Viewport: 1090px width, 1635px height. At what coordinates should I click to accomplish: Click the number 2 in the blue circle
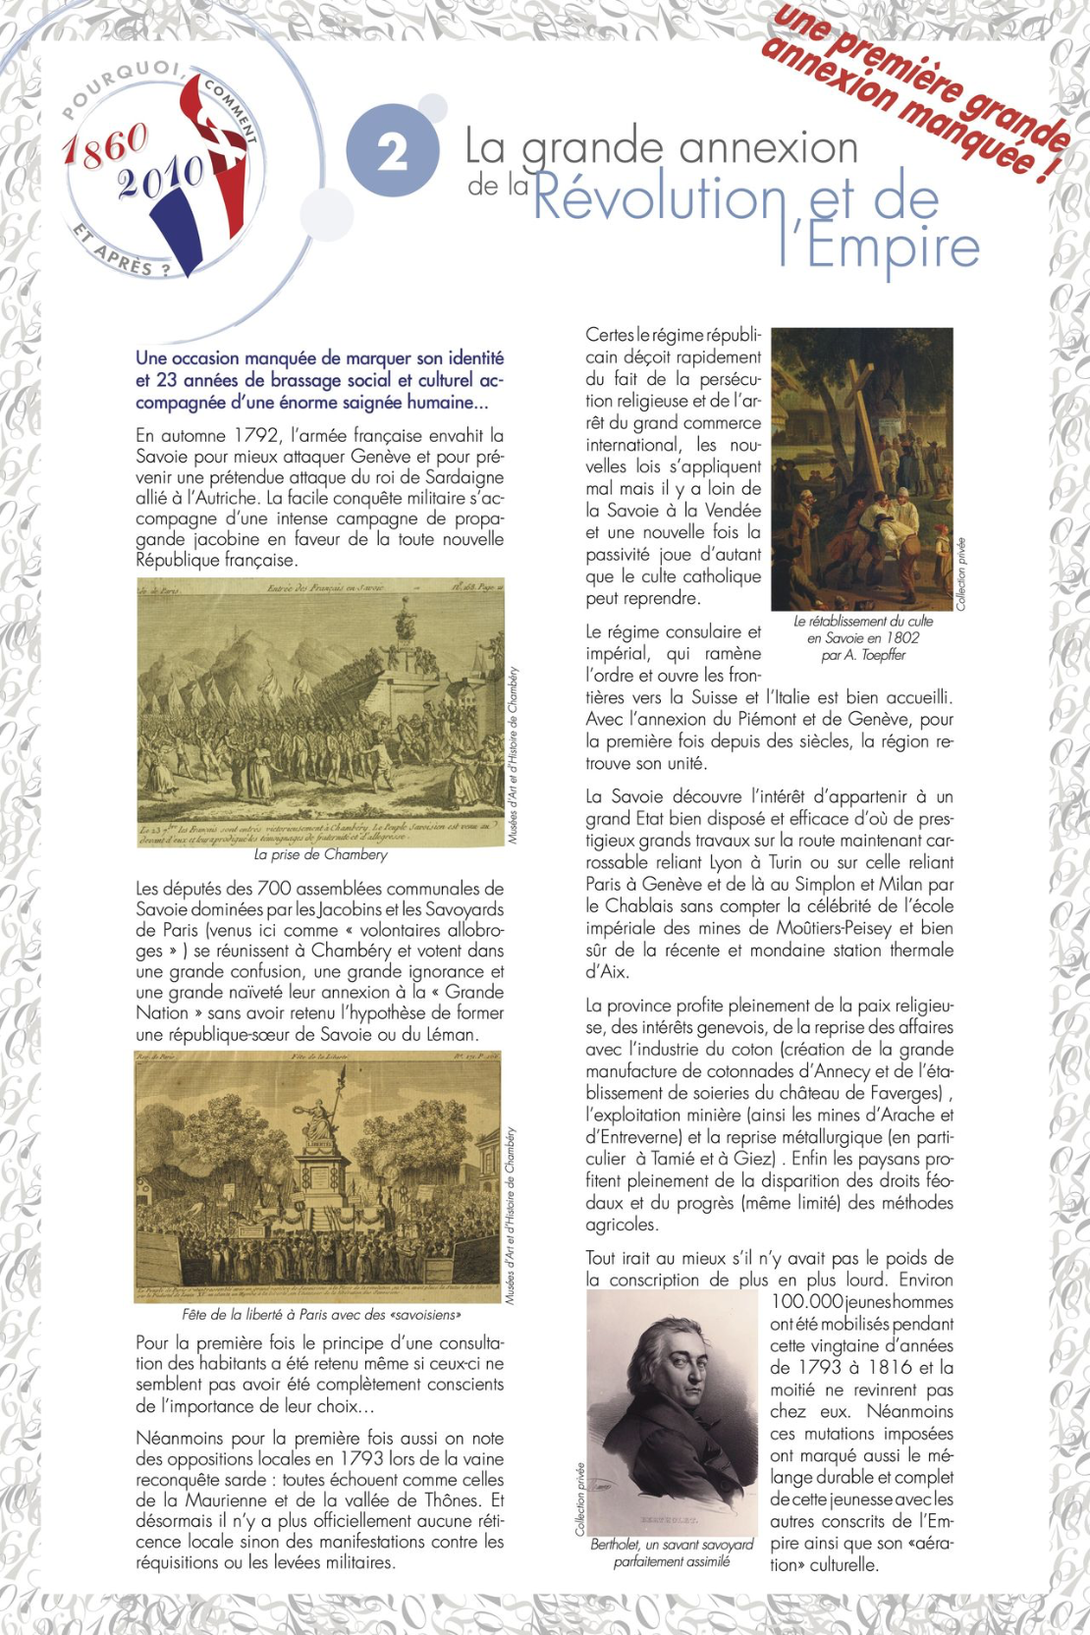tap(393, 152)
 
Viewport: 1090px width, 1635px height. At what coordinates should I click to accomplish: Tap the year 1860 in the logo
tap(105, 145)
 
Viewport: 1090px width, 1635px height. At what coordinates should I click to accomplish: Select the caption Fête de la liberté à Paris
tap(321, 1314)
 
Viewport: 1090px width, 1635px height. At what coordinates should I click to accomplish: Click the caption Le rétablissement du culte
tap(863, 622)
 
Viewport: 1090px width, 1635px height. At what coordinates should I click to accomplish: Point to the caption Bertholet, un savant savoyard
tap(672, 1545)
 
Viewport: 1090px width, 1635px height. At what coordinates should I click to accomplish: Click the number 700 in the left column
tap(274, 889)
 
